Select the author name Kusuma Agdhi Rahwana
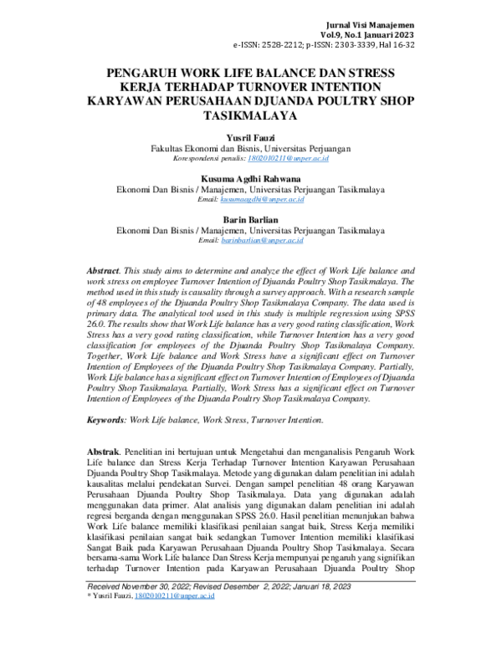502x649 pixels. coord(250,178)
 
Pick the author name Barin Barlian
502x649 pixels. coord(250,221)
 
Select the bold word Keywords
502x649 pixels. coord(106,420)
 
